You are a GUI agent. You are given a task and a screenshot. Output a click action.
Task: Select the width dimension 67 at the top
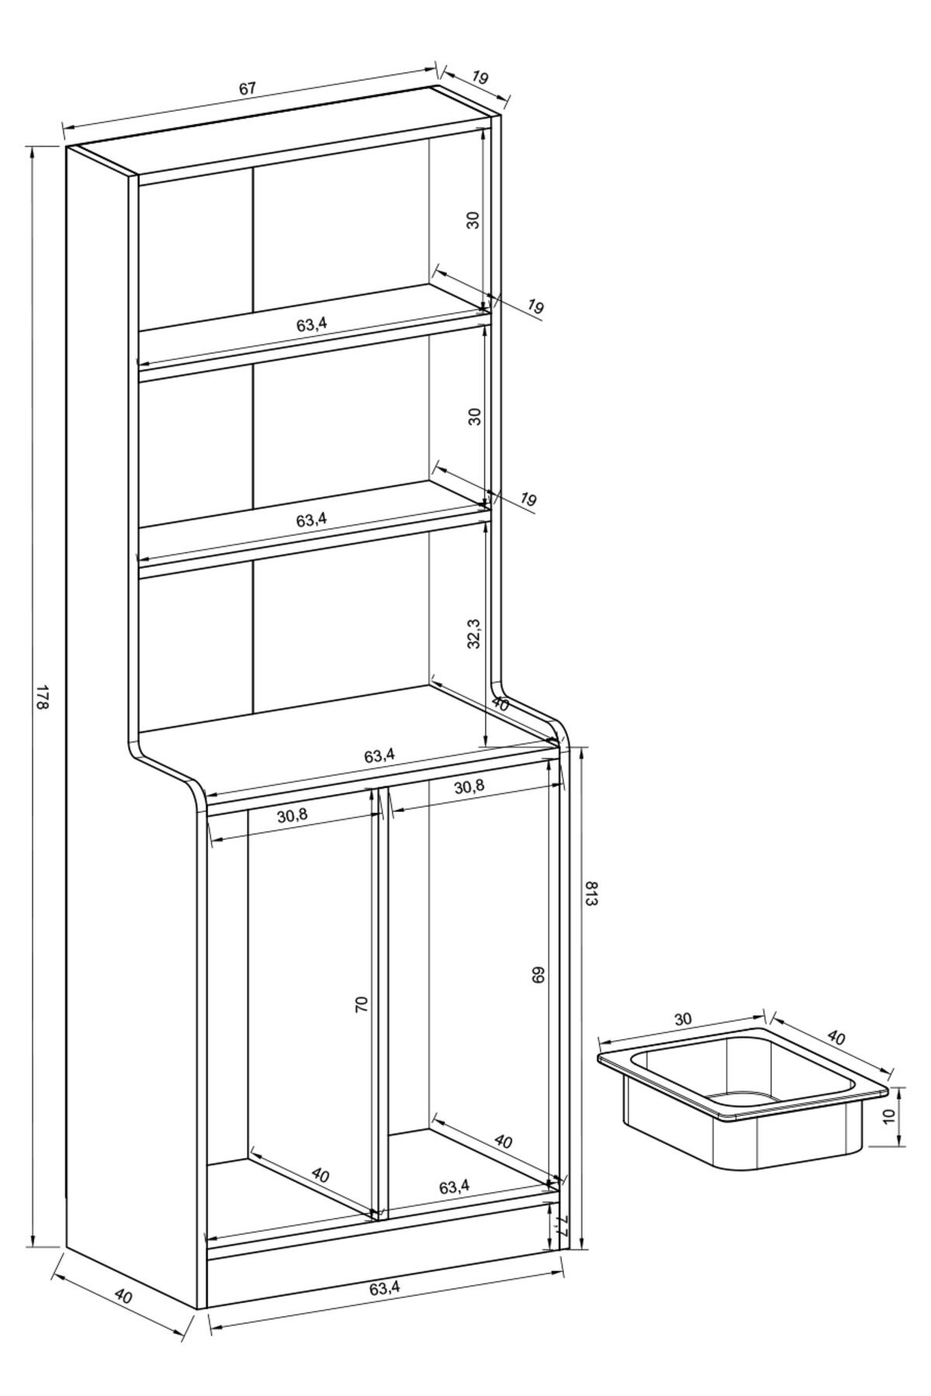tap(247, 88)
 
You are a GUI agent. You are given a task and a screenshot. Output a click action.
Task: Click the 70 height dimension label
tap(361, 1005)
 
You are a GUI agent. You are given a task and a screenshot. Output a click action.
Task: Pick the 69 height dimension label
tap(539, 974)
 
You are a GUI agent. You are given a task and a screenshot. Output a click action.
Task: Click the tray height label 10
tap(889, 1116)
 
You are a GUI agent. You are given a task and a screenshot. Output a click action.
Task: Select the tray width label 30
tap(683, 1019)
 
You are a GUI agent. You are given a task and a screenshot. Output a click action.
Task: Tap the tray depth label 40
tap(836, 1037)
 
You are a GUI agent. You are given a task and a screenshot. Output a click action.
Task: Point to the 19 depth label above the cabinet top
tap(479, 78)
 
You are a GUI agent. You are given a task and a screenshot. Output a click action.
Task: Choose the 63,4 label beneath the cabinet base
tap(385, 1288)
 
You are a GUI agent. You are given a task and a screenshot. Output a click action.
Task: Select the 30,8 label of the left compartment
tap(292, 815)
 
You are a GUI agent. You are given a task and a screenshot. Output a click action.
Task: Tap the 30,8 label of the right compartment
tap(469, 786)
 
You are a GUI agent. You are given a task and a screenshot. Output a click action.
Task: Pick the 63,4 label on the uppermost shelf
tap(311, 324)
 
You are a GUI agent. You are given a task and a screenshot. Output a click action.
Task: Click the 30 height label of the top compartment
tap(473, 219)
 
